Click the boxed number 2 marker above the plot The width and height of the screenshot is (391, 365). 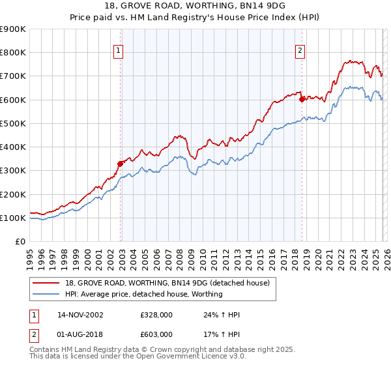point(300,51)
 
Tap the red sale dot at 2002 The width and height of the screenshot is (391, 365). point(121,164)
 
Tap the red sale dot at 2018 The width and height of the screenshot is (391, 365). point(302,99)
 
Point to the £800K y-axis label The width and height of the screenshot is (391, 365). point(13,52)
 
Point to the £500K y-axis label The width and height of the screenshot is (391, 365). point(13,123)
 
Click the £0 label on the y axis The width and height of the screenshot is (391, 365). point(20,241)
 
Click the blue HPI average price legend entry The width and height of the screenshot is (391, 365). point(143,294)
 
